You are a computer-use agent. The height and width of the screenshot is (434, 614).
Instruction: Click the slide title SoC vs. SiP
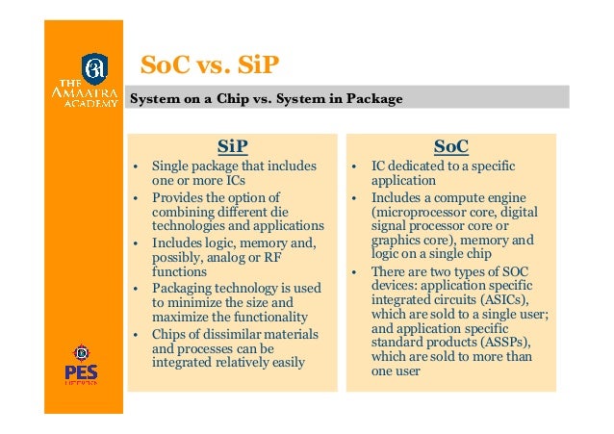[209, 64]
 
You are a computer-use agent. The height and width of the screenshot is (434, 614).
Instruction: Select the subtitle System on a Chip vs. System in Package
[267, 98]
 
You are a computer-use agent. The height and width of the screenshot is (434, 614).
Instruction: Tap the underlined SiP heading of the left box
[232, 146]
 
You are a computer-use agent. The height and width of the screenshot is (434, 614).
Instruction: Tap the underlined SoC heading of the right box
[450, 146]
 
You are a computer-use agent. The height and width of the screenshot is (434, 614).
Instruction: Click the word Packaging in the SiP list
[180, 287]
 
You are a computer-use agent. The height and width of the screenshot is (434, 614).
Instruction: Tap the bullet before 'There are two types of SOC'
[354, 270]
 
